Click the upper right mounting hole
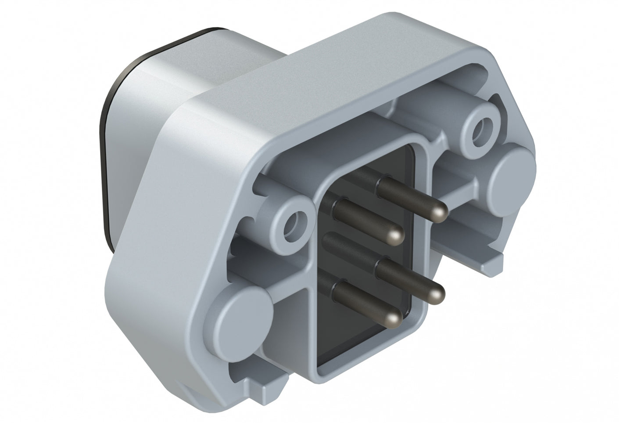click(482, 127)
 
